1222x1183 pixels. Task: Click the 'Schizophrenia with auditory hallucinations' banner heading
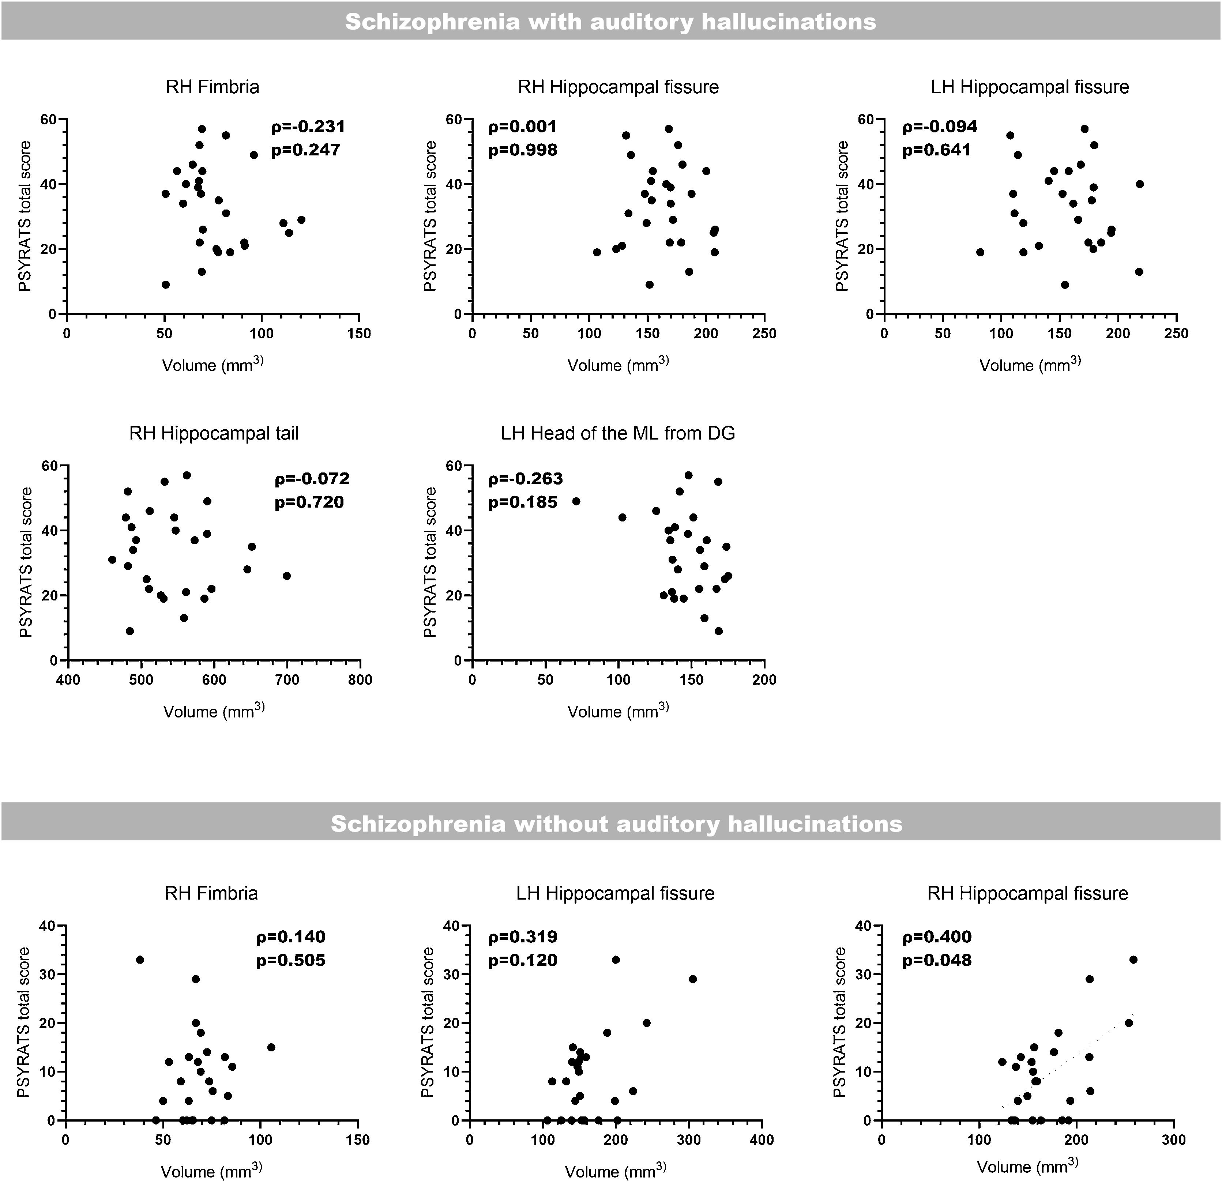[610, 22]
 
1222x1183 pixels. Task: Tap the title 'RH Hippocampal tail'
[214, 433]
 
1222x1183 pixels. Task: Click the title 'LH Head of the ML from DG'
[618, 433]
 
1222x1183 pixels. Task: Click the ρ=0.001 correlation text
[522, 127]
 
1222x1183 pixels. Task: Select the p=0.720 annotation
[309, 502]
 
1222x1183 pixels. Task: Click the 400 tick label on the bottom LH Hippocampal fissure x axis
[761, 1140]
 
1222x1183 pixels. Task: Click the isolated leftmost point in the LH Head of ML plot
[576, 501]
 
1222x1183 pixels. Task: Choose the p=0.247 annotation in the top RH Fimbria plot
[305, 150]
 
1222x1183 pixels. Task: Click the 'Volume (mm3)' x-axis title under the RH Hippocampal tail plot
[214, 711]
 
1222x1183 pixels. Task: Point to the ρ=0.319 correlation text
[522, 937]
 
